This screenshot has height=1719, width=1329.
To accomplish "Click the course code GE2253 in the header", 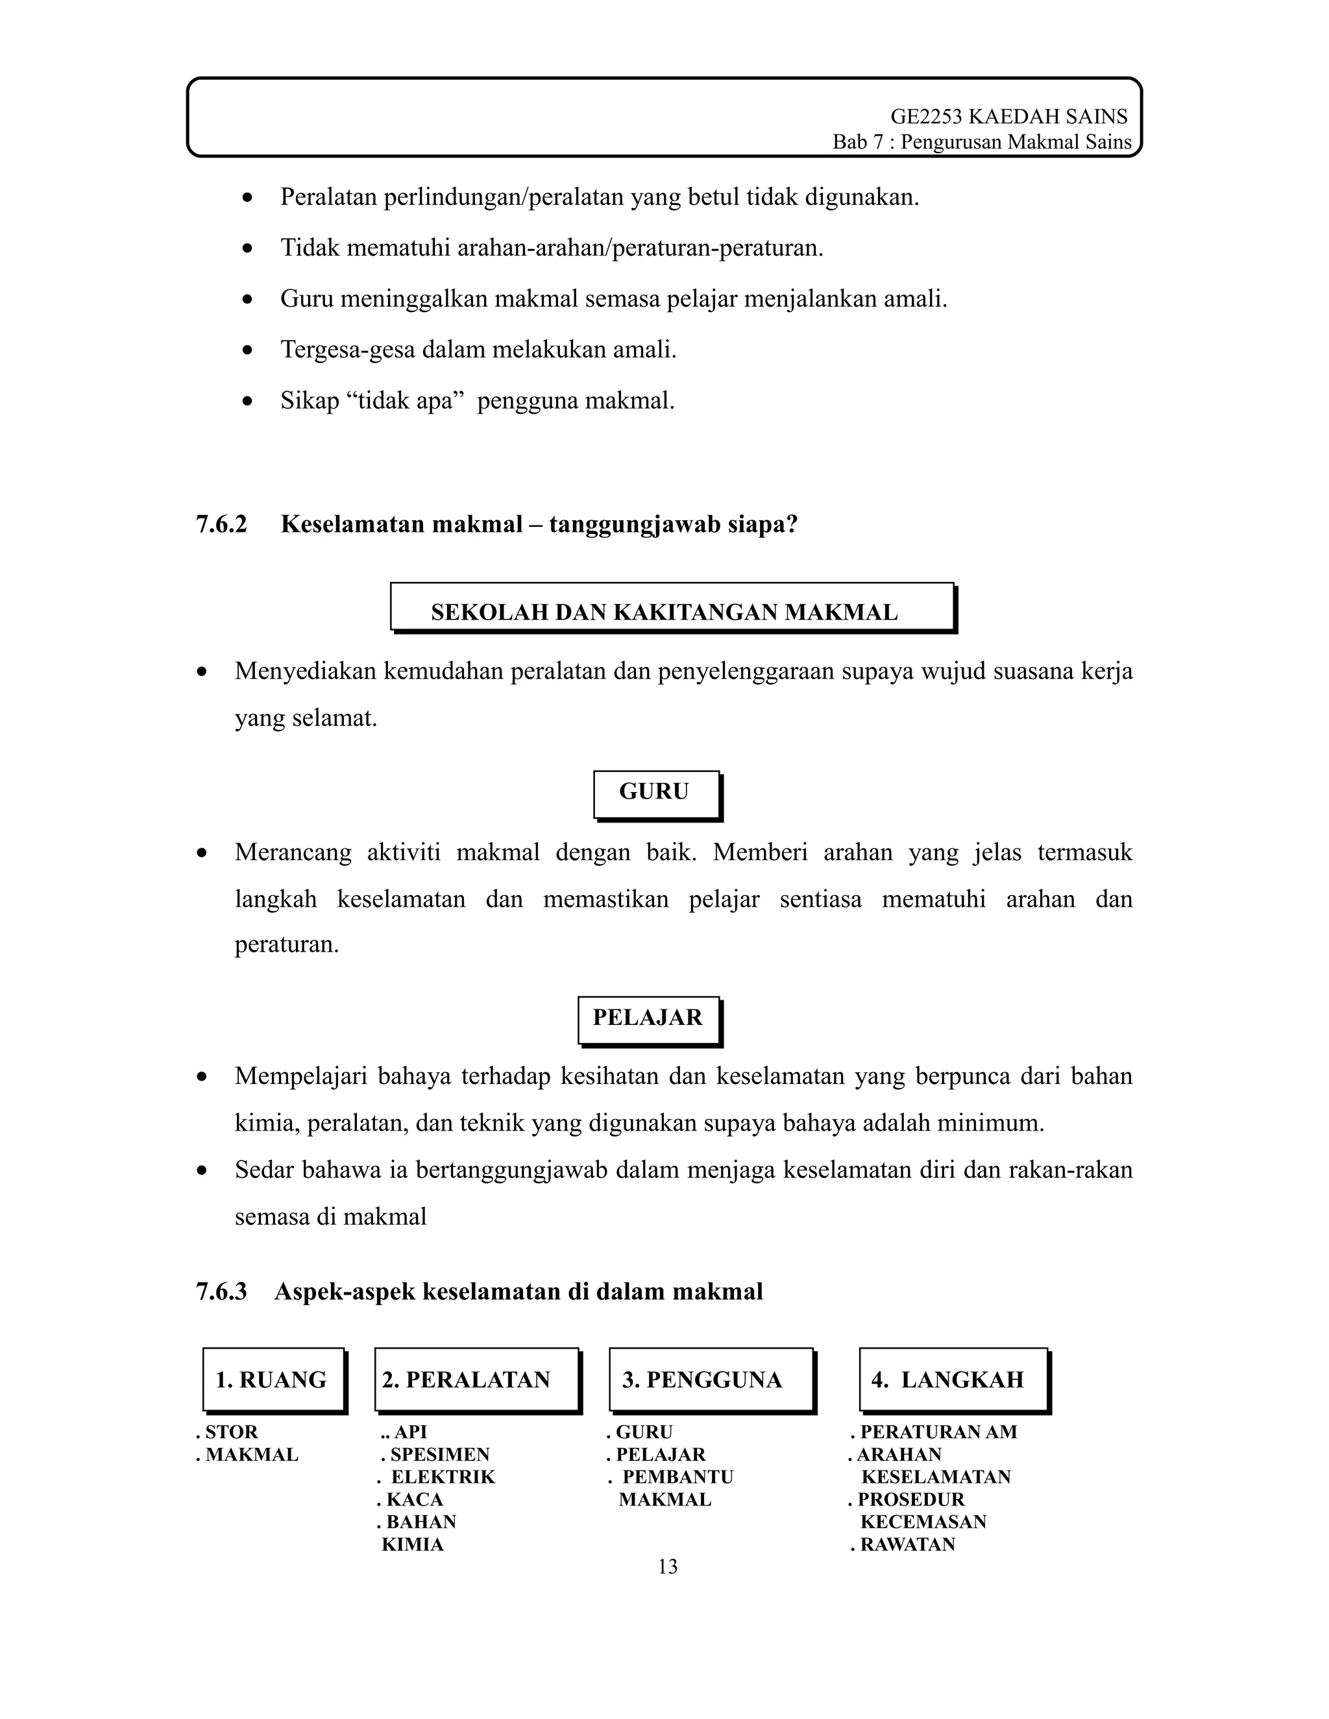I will (925, 117).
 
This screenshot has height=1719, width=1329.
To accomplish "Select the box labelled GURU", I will (656, 794).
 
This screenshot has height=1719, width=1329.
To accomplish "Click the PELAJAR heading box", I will (648, 1020).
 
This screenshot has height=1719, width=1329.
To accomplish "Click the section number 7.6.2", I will (221, 524).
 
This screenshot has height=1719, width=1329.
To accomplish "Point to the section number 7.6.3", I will (221, 1292).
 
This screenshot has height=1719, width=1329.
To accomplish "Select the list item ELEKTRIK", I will (443, 1477).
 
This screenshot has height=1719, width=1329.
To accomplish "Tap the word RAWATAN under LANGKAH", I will (907, 1545).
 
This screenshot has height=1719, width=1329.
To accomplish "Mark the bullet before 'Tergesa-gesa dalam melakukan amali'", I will (248, 350).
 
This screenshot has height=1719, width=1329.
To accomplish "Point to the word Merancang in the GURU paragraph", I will (293, 852).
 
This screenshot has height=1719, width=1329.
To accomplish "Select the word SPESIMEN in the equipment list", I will (440, 1454).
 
